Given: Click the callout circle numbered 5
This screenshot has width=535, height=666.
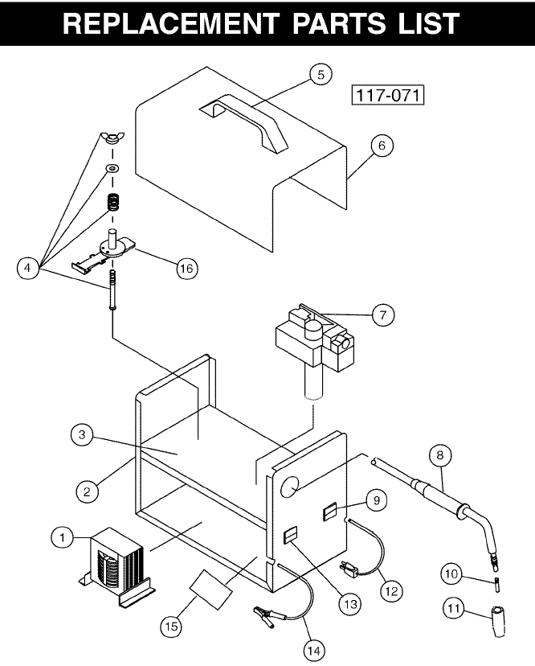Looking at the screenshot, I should pos(320,74).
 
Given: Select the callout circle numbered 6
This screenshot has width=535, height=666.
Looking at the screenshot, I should pos(382,146).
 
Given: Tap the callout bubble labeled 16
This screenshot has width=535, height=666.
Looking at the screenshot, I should pos(186,269).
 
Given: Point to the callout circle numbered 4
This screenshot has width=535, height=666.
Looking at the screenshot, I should pos(28,268).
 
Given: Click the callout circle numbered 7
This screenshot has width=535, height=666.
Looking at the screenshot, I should pos(383,315).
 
